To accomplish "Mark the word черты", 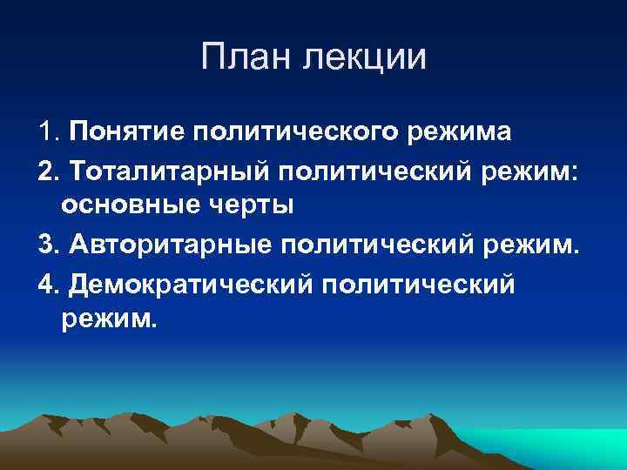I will coord(253,206).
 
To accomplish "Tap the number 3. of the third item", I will coord(50,245).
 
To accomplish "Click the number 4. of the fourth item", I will coord(50,283).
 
